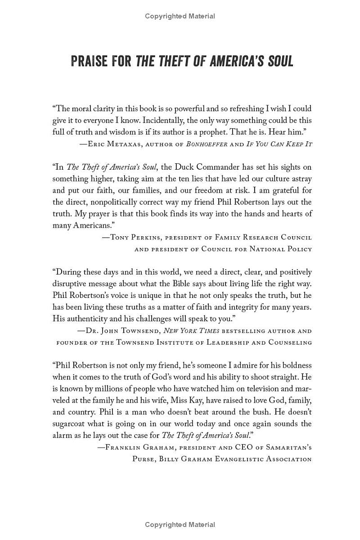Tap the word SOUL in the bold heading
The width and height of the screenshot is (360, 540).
(x=279, y=61)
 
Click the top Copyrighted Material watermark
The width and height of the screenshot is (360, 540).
(x=180, y=16)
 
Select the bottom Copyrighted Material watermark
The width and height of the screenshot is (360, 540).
(x=180, y=525)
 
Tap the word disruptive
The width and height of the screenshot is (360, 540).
(x=72, y=284)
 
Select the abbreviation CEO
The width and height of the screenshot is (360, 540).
(x=245, y=447)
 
